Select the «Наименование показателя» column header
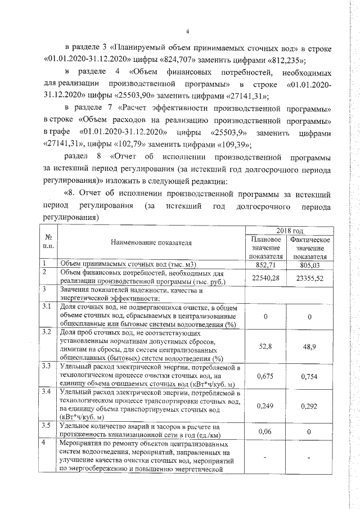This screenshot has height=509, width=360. pos(151,243)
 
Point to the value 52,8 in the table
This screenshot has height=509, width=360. pos(265,346)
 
